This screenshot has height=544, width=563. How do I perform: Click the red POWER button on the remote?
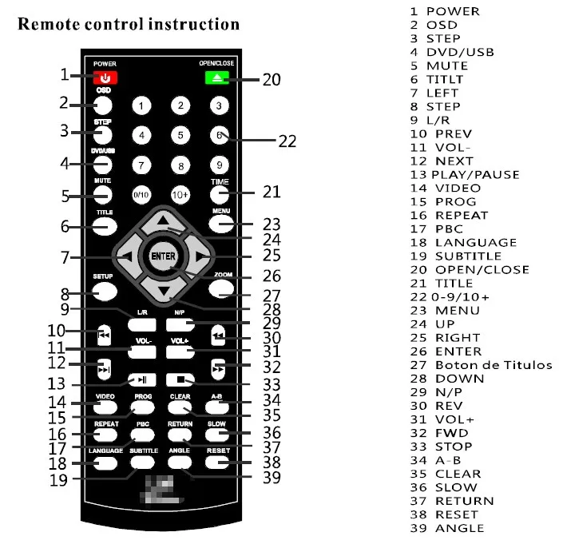(105, 77)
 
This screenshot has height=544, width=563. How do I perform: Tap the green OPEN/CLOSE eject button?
(217, 78)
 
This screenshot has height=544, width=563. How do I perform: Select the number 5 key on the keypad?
(180, 135)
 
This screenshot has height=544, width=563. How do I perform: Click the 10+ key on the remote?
(180, 195)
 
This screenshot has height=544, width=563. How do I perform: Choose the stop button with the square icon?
(180, 379)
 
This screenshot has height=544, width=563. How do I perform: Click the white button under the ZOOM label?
(221, 288)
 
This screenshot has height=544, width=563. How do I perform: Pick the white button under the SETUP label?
(105, 292)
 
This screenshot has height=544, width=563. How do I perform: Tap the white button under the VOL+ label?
(180, 352)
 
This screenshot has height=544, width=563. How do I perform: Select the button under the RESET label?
(217, 463)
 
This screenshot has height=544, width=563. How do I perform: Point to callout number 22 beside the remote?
(287, 141)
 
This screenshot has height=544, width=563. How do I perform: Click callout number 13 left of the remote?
(57, 383)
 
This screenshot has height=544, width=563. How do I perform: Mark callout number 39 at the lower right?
(272, 478)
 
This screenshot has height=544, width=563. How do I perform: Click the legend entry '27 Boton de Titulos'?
(481, 365)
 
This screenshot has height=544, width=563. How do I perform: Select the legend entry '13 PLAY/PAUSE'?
(465, 175)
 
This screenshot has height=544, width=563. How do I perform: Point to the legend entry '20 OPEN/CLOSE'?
(470, 270)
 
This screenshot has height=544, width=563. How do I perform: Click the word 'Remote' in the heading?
(49, 25)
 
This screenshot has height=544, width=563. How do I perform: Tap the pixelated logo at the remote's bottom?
(162, 490)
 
